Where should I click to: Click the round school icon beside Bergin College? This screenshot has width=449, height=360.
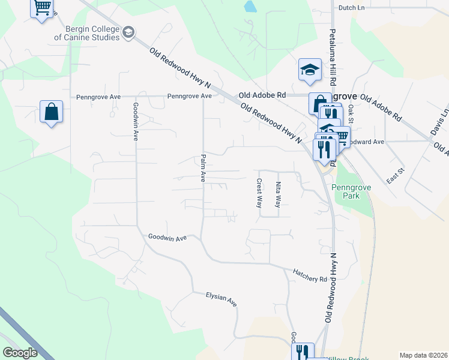pyautogui.click(x=128, y=32)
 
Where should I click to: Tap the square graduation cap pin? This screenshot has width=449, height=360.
pyautogui.click(x=310, y=70)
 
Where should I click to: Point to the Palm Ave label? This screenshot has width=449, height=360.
pyautogui.click(x=203, y=169)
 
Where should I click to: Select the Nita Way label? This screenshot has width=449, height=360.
pyautogui.click(x=278, y=195)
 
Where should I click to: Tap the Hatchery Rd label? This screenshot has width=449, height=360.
pyautogui.click(x=310, y=276)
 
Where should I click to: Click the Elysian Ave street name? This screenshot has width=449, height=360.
pyautogui.click(x=221, y=299)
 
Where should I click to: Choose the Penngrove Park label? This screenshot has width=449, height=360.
pyautogui.click(x=348, y=191)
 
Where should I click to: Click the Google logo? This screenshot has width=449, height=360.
pyautogui.click(x=20, y=353)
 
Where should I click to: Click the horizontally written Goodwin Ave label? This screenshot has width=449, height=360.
pyautogui.click(x=167, y=238)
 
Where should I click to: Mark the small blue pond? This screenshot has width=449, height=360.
pyautogui.click(x=250, y=7)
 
